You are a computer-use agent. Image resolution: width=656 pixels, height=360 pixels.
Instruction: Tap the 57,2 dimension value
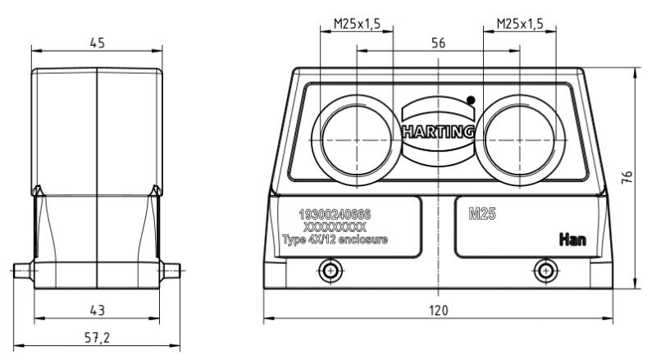click(x=97, y=337)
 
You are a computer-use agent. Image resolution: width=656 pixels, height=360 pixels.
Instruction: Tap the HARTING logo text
click(x=438, y=130)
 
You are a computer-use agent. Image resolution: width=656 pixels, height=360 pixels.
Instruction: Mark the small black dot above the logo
click(x=470, y=99)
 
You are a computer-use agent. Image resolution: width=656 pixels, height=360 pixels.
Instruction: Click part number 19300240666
click(x=335, y=214)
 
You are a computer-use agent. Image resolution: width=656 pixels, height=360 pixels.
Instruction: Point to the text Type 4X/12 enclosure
click(x=335, y=239)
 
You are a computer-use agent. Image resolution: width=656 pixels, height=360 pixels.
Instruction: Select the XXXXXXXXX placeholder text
click(x=335, y=226)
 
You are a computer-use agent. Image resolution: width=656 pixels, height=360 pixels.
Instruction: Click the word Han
click(x=571, y=239)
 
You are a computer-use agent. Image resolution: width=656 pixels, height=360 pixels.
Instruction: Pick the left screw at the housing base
click(x=330, y=270)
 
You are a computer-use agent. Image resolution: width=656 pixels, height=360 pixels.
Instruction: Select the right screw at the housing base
click(x=544, y=270)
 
